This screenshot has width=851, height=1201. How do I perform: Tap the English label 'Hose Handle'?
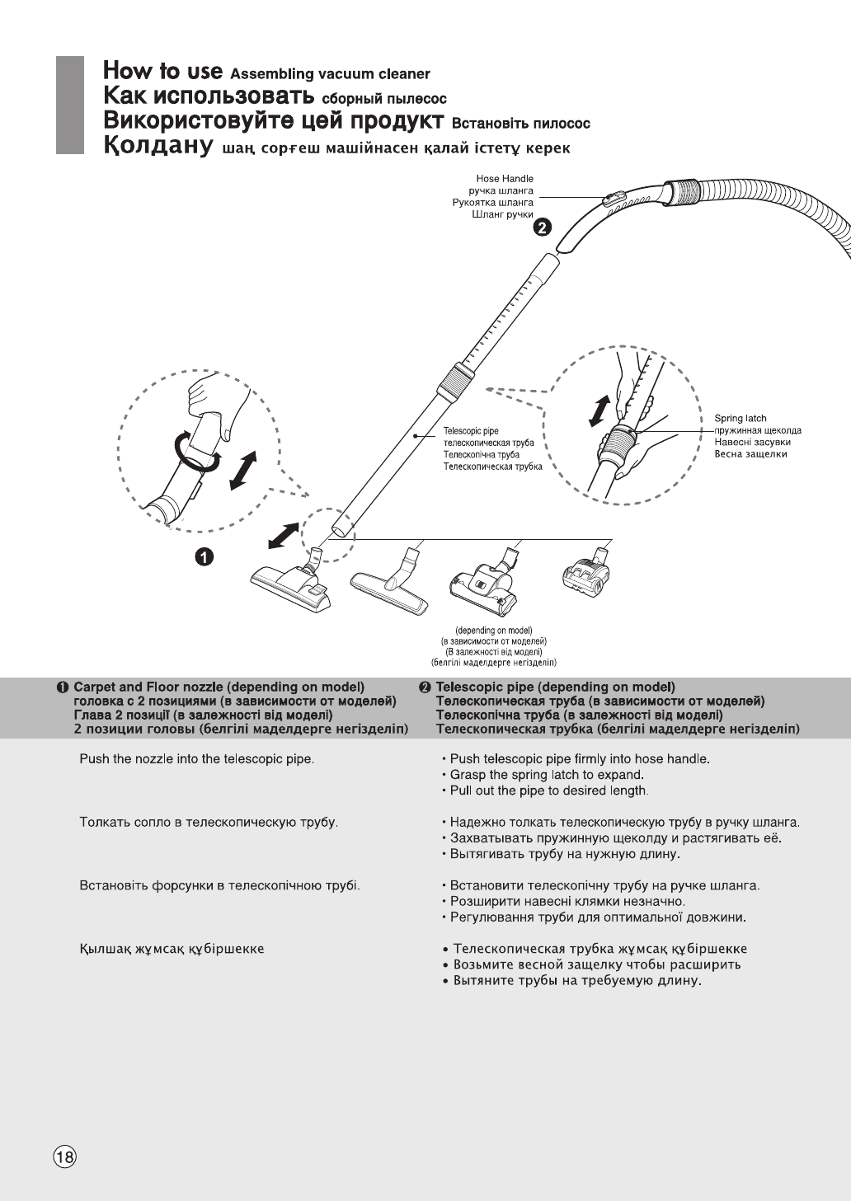point(505,179)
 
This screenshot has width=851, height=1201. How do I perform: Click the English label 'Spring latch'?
point(740,419)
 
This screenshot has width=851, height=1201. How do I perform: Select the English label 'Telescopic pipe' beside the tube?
point(470,431)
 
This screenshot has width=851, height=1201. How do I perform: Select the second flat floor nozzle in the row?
point(391,585)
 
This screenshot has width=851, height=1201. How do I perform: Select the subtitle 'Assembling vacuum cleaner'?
point(330,74)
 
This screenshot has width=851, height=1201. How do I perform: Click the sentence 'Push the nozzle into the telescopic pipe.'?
point(196,758)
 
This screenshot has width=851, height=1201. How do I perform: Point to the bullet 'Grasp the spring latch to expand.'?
point(546,775)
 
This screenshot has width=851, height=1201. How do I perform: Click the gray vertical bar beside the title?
point(70,105)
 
